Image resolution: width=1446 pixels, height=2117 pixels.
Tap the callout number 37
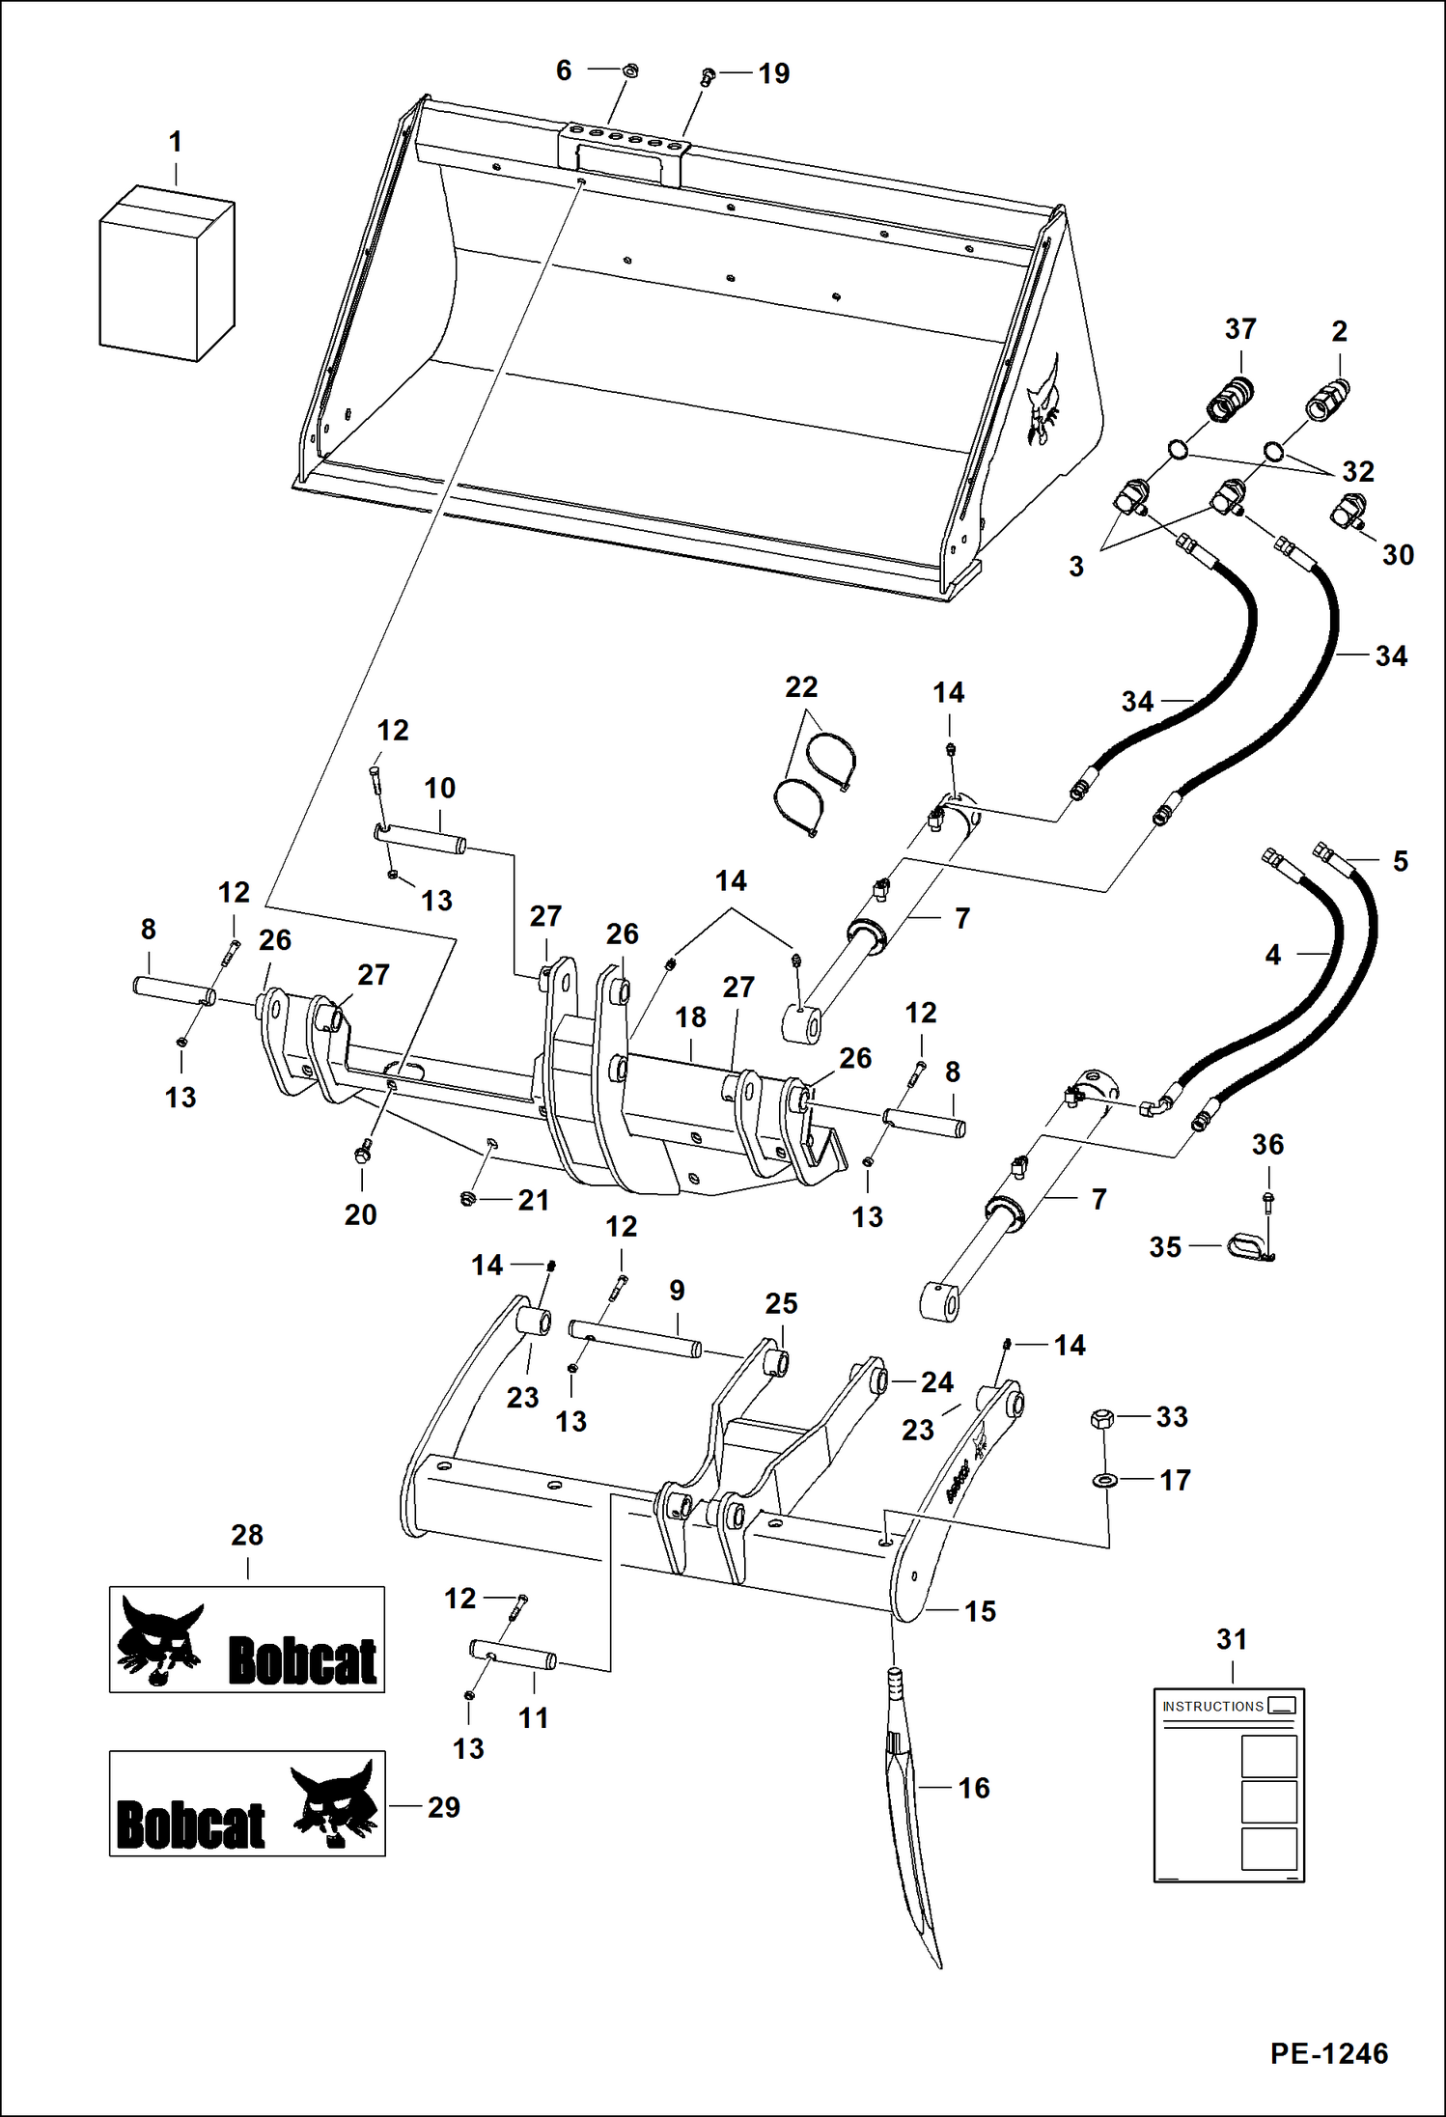[1240, 329]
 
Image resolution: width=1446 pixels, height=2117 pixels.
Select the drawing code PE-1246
[1328, 2053]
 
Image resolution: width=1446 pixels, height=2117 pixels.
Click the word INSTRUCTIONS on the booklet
[1212, 1707]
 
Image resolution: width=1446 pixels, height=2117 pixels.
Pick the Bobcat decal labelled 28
[247, 1639]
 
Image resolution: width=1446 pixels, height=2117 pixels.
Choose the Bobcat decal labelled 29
[247, 1803]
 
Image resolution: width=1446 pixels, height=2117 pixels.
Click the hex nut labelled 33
[1101, 1418]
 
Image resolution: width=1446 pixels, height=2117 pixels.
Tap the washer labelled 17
[1102, 1480]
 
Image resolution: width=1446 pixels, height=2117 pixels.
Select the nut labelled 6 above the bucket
[627, 70]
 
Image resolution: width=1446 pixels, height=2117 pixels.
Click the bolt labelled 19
[707, 75]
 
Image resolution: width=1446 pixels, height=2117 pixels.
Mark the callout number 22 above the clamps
[801, 687]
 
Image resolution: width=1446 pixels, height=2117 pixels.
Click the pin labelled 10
[420, 838]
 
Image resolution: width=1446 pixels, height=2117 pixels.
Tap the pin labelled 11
[513, 1655]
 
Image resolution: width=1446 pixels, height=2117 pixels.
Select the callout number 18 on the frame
[690, 1017]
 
